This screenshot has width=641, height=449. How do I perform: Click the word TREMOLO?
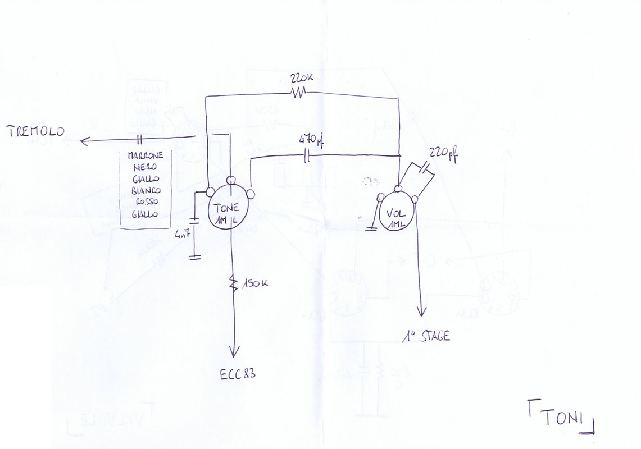[x=35, y=132]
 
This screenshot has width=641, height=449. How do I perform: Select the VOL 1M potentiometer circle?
[x=398, y=213]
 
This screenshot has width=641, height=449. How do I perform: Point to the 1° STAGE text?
[x=426, y=337]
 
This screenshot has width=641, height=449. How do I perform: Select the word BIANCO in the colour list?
[x=146, y=190]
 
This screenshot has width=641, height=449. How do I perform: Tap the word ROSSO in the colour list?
[x=147, y=202]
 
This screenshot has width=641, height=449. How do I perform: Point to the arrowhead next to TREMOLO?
[x=84, y=141]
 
